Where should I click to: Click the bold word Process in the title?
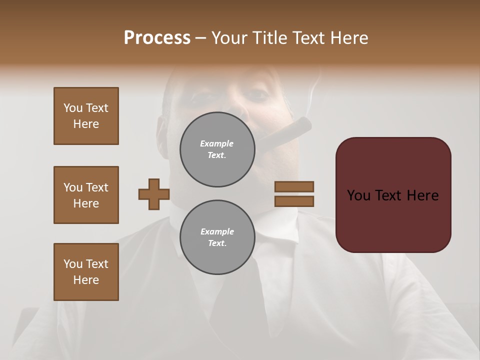pos(157,38)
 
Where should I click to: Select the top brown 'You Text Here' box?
pos(86,116)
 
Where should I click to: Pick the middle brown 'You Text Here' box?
pos(86,195)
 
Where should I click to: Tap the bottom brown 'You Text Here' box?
pos(86,272)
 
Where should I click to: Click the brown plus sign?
pos(154,194)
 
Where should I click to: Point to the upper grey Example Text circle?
pos(217,149)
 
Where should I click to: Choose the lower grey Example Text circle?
pos(217,237)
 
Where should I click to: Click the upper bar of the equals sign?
pos(294,186)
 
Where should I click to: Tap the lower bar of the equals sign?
pos(294,201)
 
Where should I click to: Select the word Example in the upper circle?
pos(216,144)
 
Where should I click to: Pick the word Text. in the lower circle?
pos(216,243)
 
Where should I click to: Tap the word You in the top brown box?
pos(73,108)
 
